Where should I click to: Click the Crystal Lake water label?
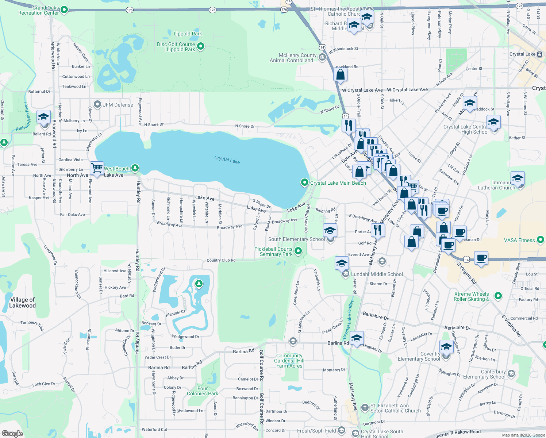[x=227, y=160]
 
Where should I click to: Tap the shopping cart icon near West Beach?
[x=97, y=169]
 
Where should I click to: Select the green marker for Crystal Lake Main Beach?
[x=304, y=182]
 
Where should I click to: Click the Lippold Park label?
[x=188, y=34]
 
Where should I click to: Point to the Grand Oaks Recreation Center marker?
[x=64, y=9]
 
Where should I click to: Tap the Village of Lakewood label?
[x=22, y=303]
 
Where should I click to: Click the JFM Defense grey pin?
[x=97, y=105]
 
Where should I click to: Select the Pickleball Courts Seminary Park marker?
[x=298, y=251]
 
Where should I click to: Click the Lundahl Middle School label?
[x=377, y=274]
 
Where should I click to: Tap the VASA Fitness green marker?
[x=541, y=240]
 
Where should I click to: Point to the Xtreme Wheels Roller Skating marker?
[x=498, y=296]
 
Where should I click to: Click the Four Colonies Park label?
[x=203, y=391]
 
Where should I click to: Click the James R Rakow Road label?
[x=458, y=433]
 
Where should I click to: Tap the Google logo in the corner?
[x=12, y=434]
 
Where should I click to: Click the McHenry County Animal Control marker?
[x=322, y=57]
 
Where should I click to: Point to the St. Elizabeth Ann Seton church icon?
[x=365, y=407]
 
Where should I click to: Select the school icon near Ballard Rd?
[x=43, y=117]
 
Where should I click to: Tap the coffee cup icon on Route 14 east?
[x=481, y=258]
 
